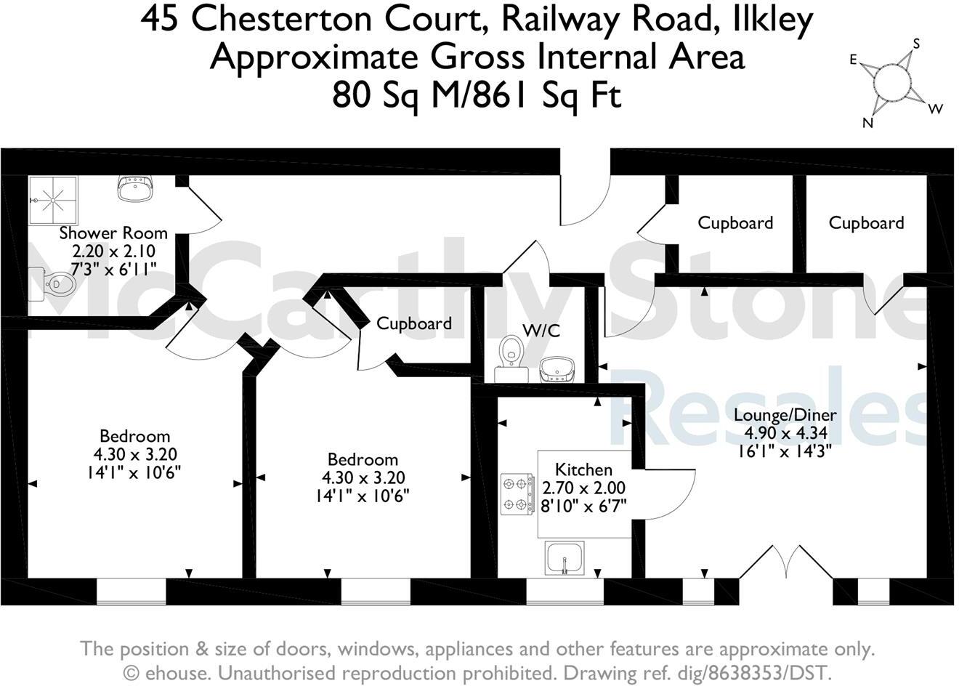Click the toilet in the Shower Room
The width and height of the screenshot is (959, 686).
[x=54, y=283]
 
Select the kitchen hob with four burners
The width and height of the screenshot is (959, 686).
[x=516, y=494]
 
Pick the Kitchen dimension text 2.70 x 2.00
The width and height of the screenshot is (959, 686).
[x=583, y=488]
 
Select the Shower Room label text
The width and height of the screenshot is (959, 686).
[x=113, y=233]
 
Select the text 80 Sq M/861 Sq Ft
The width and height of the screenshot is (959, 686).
[x=477, y=94]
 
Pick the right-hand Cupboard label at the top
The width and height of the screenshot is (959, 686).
[x=866, y=223]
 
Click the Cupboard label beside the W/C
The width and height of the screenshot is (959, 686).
[x=414, y=323]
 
